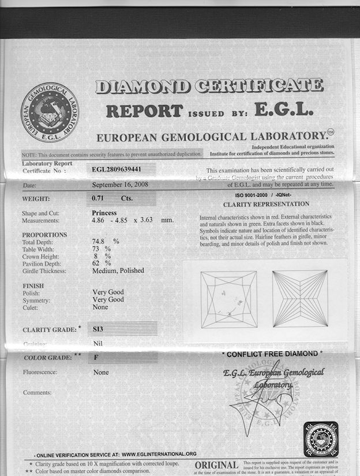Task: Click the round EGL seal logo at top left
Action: click(50, 112)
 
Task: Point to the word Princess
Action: click(104, 213)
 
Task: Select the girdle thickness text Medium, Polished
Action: click(118, 270)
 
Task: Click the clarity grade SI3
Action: click(100, 329)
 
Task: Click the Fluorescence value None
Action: click(101, 372)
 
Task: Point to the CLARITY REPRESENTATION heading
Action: click(266, 204)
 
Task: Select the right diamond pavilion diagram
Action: click(300, 299)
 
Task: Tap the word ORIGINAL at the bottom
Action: click(216, 465)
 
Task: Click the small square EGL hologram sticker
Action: click(321, 439)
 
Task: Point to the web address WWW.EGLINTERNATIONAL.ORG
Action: click(159, 454)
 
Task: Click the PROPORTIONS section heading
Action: click(44, 235)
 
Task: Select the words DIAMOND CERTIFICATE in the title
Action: click(209, 87)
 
